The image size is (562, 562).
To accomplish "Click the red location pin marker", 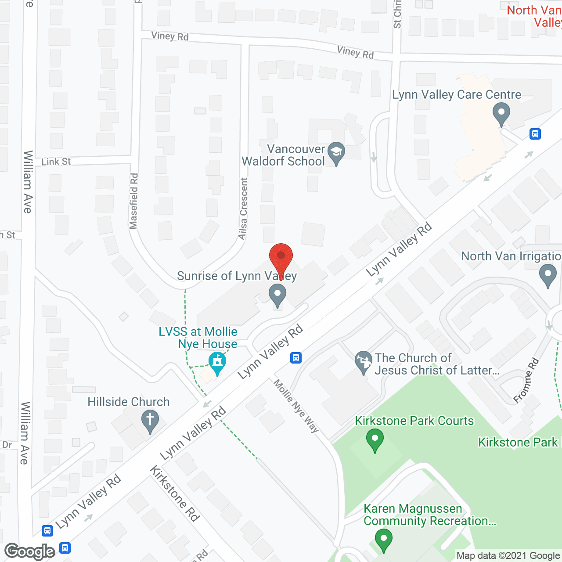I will click(281, 259).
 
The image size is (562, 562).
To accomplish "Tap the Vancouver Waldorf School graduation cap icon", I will click(336, 152).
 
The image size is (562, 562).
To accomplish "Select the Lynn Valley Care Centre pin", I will click(501, 113).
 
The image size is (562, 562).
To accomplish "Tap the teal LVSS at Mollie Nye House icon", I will click(217, 364).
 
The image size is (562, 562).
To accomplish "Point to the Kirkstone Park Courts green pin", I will click(375, 440).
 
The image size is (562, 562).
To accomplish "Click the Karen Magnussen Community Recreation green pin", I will click(383, 540).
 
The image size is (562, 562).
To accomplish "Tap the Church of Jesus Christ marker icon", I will click(363, 362).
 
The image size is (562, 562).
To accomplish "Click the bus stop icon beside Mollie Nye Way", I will click(296, 358).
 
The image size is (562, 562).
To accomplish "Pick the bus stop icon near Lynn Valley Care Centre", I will click(535, 134).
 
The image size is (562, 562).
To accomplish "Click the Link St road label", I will click(56, 162).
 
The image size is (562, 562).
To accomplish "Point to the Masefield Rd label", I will click(134, 201).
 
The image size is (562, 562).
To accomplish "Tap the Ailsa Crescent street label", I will click(243, 209).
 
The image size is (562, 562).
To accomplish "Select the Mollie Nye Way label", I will click(296, 406).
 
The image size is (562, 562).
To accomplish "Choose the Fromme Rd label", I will click(526, 381).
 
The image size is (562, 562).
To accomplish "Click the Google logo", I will click(30, 551).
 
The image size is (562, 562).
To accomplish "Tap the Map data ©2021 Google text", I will click(508, 556).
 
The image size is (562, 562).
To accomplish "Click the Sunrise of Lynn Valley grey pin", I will click(277, 295).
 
